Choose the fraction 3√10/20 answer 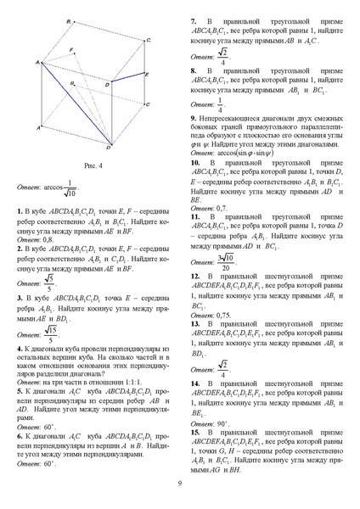226,259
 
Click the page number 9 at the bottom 179,484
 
